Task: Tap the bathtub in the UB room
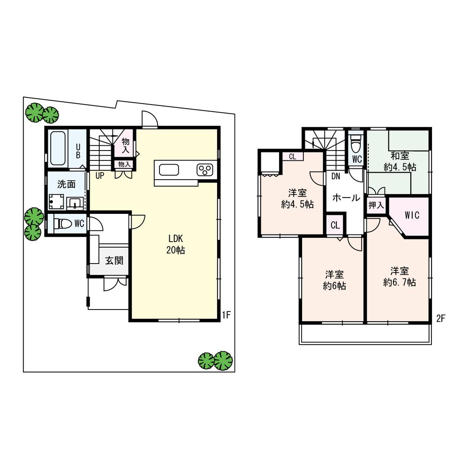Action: [x=58, y=148]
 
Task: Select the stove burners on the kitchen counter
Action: [x=205, y=169]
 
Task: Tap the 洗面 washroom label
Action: [x=66, y=184]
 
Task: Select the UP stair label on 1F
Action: [x=99, y=176]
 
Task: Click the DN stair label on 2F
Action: [x=336, y=176]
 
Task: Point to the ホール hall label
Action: [x=346, y=198]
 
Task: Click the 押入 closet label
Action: [x=376, y=205]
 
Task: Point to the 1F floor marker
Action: [x=226, y=315]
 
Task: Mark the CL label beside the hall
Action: [x=335, y=225]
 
